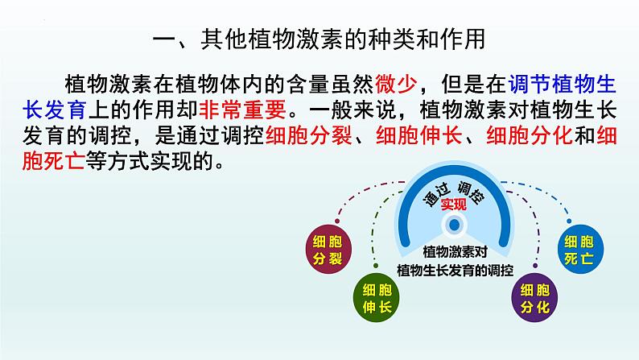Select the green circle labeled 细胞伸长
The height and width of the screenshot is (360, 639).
(x=373, y=297)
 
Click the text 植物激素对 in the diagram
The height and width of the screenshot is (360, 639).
(x=455, y=252)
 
